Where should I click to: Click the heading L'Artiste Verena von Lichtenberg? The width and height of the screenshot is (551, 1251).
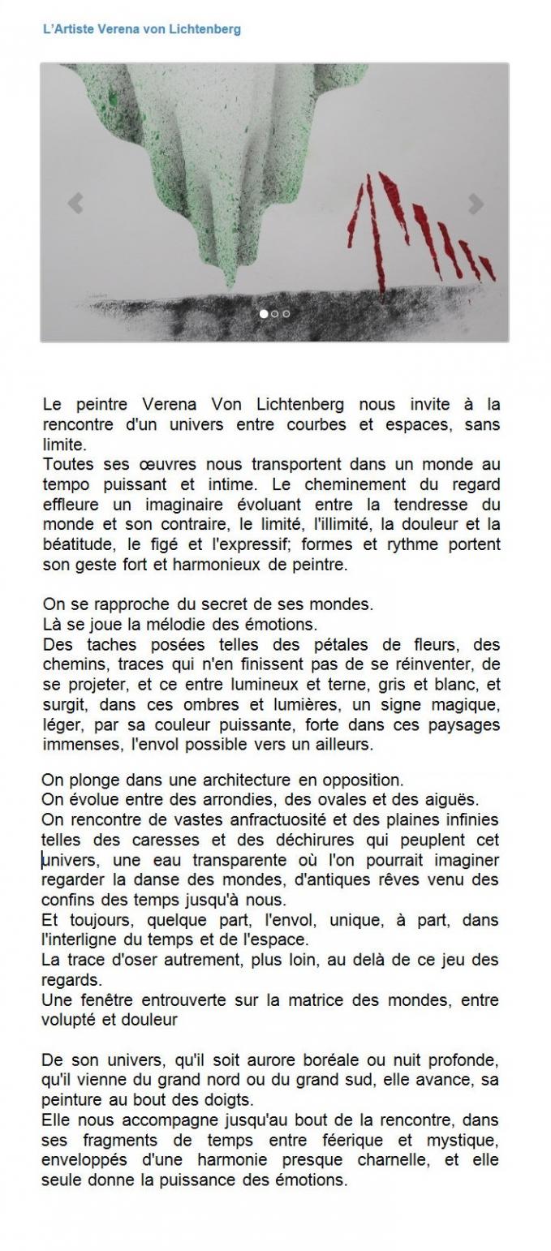(x=141, y=29)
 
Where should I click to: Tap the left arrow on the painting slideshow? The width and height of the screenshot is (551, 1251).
(x=75, y=203)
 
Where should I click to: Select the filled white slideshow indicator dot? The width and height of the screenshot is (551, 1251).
(x=264, y=313)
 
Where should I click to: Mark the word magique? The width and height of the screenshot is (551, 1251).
(x=466, y=705)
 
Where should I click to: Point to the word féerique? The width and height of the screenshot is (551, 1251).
(x=374, y=1141)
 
